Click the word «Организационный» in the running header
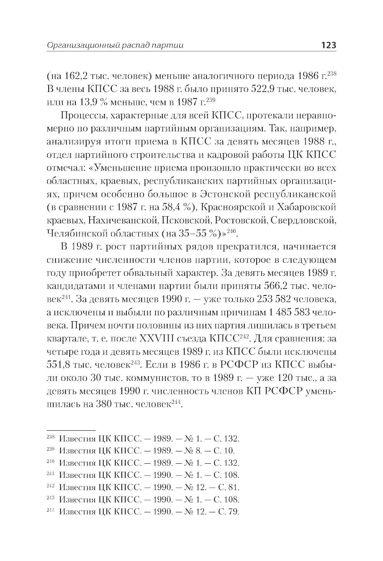tap(74, 46)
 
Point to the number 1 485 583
tap(289, 313)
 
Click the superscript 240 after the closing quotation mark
tap(232, 231)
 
